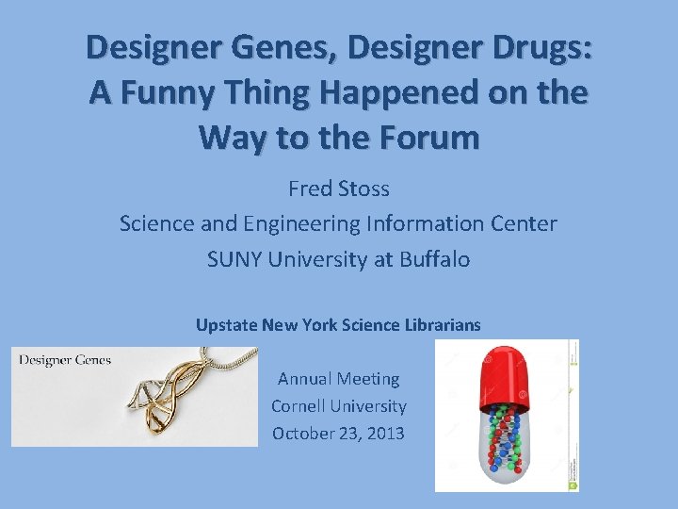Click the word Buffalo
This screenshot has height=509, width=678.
click(x=434, y=259)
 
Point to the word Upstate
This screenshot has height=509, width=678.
click(x=225, y=325)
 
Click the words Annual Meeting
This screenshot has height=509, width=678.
click(x=338, y=379)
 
